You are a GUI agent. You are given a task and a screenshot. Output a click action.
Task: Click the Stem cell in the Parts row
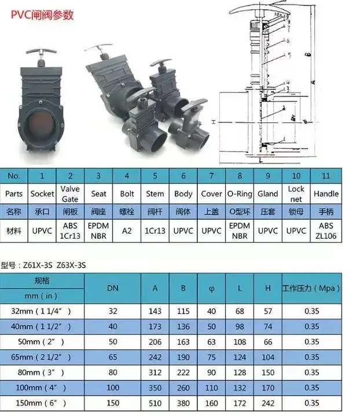point(155,194)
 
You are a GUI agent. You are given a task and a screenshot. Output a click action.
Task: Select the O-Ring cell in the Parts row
point(239,194)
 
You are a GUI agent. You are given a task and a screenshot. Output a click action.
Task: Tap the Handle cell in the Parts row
point(326,194)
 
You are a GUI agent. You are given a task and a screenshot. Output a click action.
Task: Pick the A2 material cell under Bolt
point(127,230)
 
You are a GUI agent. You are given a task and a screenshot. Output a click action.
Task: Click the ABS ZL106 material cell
point(326,230)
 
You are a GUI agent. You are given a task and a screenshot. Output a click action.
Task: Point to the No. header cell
point(14,175)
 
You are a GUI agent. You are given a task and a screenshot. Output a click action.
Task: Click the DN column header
point(113,287)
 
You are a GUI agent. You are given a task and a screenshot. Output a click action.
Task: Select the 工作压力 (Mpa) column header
point(311,287)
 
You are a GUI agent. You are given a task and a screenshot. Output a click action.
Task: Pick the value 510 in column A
point(155,402)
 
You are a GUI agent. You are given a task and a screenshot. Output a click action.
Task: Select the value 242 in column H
point(268,402)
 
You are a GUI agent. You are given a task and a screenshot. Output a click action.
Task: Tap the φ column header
point(211,287)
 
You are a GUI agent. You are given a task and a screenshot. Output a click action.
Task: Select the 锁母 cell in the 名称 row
point(296,212)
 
